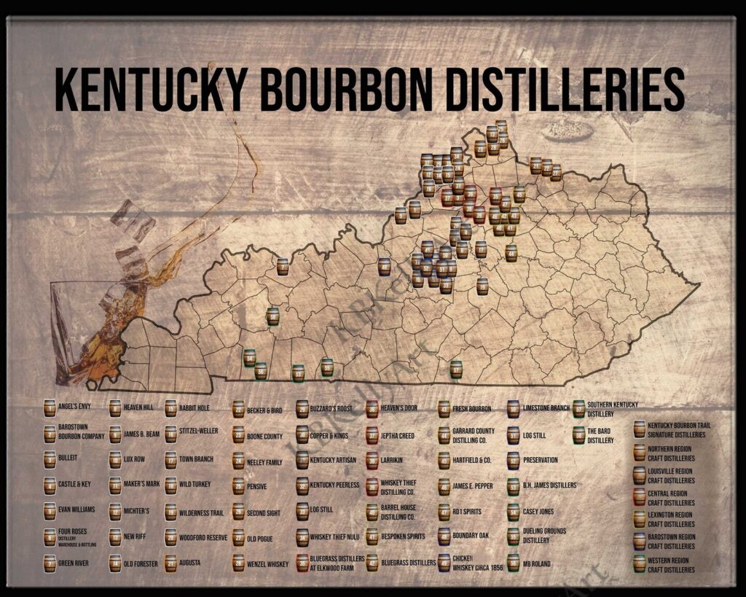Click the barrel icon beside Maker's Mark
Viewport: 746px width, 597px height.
[116, 485]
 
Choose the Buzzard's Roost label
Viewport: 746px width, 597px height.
[331, 409]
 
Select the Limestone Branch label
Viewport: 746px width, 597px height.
[546, 408]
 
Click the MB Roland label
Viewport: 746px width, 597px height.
[537, 563]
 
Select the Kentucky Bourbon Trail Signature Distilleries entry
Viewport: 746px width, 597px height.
[678, 429]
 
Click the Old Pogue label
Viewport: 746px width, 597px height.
[260, 539]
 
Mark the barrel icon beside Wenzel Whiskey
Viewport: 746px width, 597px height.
[238, 563]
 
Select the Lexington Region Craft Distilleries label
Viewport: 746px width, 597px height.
[671, 519]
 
